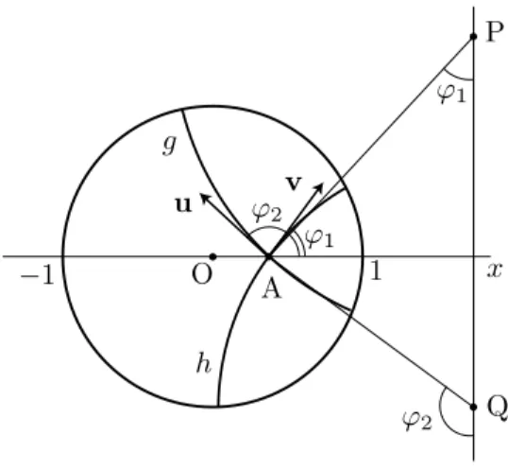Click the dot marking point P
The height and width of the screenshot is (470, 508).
click(x=473, y=36)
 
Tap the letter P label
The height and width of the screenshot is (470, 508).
click(x=496, y=32)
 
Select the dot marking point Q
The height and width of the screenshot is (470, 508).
click(x=473, y=407)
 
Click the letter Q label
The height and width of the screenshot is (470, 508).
click(x=498, y=408)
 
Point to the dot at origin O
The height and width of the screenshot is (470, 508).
click(x=212, y=256)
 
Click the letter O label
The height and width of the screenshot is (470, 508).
click(x=202, y=275)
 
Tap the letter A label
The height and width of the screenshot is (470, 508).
click(x=272, y=289)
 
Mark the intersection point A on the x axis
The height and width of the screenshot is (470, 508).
click(x=268, y=256)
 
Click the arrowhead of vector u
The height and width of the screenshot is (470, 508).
click(x=205, y=197)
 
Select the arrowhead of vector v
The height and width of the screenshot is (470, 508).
click(x=320, y=187)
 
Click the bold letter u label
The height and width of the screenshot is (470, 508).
click(x=183, y=205)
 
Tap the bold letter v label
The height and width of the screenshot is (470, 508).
click(x=295, y=183)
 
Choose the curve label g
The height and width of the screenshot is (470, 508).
click(x=169, y=145)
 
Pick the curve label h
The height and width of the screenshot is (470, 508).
click(x=204, y=362)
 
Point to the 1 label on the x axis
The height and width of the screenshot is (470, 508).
click(x=375, y=270)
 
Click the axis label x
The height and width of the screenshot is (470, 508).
click(x=495, y=270)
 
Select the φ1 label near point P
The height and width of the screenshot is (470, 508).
click(x=451, y=93)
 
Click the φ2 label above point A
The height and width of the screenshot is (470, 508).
click(x=267, y=212)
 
